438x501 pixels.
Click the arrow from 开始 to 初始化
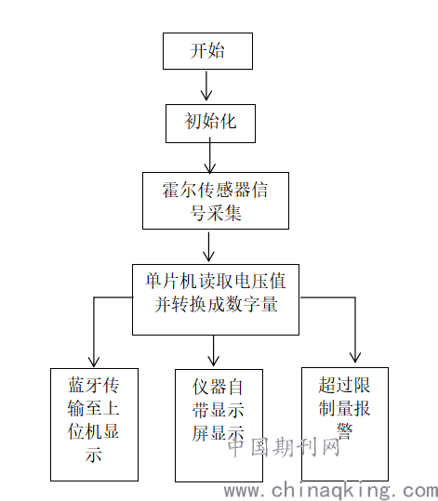[206, 86]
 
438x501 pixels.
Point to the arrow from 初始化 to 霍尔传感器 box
[210, 155]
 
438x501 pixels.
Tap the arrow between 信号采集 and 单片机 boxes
[208, 247]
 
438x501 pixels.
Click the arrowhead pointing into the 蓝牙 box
[94, 362]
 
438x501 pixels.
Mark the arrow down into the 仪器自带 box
[213, 350]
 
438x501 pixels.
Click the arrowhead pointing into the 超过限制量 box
[355, 357]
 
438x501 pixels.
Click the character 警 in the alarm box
[345, 431]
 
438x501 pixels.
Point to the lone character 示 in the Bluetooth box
[93, 455]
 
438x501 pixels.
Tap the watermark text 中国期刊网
[284, 447]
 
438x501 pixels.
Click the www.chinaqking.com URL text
[330, 491]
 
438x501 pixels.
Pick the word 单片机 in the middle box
[171, 281]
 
